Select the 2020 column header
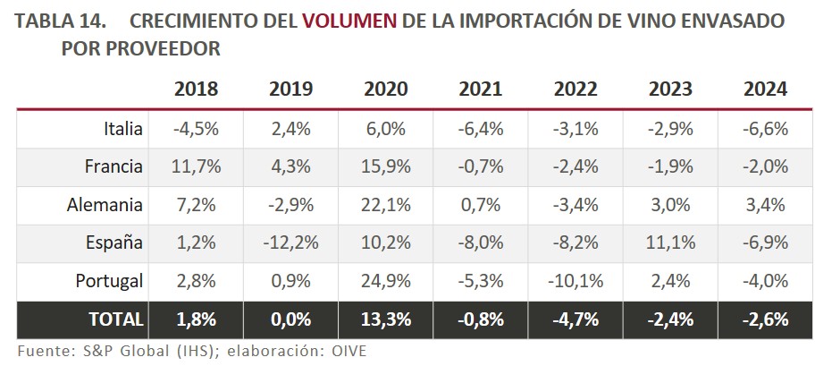[386, 89]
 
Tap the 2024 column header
[765, 89]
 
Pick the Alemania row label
[105, 205]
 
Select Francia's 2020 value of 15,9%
[386, 166]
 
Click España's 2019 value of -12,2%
[291, 243]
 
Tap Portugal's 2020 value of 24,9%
[386, 282]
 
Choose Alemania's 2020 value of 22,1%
[386, 205]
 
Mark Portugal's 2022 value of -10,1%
[576, 282]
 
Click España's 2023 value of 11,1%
[670, 243]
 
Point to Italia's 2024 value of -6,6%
[765, 128]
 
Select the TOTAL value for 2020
[386, 319]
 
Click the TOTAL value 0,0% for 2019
[291, 319]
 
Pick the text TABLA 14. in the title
[61, 21]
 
